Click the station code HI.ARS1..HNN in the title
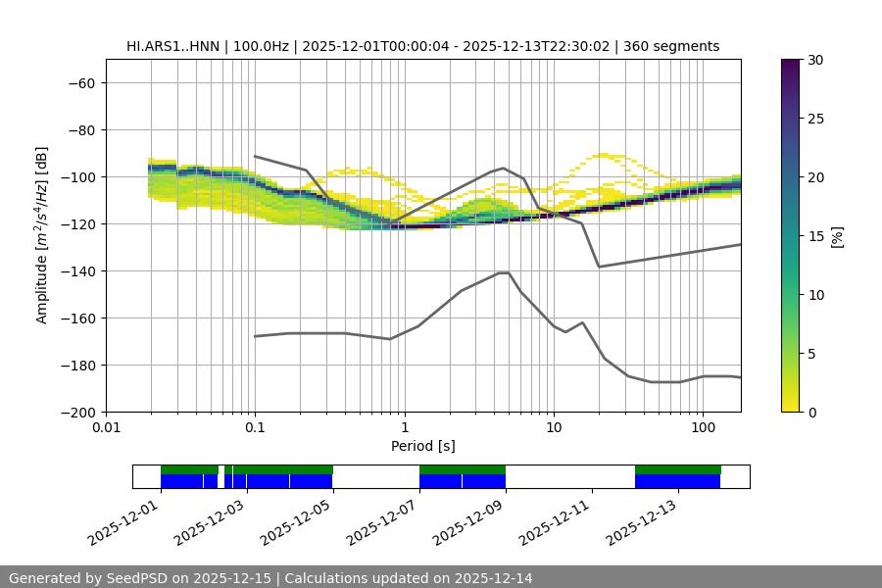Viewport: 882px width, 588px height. [173, 46]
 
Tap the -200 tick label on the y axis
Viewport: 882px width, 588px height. [77, 412]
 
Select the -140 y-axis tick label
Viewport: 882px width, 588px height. [77, 270]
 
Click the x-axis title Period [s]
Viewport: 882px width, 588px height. [422, 446]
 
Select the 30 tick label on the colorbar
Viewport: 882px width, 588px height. [815, 60]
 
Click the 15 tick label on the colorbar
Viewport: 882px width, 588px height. [815, 236]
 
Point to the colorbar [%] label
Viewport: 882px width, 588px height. [839, 236]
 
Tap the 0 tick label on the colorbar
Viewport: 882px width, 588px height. [811, 412]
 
